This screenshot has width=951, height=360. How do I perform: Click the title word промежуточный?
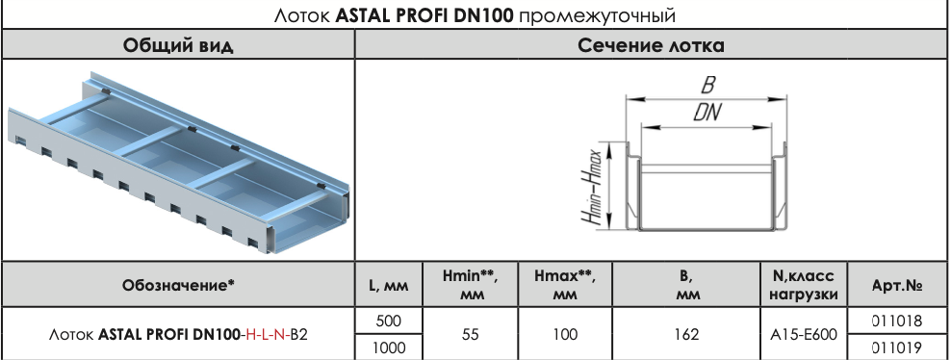tap(597, 15)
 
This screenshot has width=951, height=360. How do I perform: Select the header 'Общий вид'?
tap(178, 45)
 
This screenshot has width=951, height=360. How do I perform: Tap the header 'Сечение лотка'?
tap(651, 45)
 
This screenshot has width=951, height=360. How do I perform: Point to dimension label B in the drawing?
tap(707, 85)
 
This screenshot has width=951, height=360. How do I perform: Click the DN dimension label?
tap(707, 112)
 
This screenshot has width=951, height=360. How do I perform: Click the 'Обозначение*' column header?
tap(178, 285)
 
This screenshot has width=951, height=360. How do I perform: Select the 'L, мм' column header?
tap(388, 286)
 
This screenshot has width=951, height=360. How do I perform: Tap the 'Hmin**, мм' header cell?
tap(470, 285)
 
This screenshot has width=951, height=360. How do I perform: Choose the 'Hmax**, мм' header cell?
tap(565, 285)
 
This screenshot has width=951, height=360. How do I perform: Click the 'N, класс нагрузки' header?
tap(804, 285)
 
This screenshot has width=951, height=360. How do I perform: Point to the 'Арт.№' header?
tap(897, 286)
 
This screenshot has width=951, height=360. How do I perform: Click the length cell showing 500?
tap(388, 321)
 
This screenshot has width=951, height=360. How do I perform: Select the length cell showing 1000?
tap(388, 347)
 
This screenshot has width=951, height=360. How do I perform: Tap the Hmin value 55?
tap(470, 335)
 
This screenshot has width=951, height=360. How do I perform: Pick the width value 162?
tap(686, 335)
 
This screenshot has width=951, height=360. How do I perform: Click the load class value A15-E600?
tap(804, 335)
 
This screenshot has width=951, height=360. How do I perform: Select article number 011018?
tap(897, 321)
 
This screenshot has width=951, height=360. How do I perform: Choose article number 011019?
tap(897, 347)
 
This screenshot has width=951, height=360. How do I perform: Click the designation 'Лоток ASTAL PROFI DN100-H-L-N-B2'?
tap(178, 335)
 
